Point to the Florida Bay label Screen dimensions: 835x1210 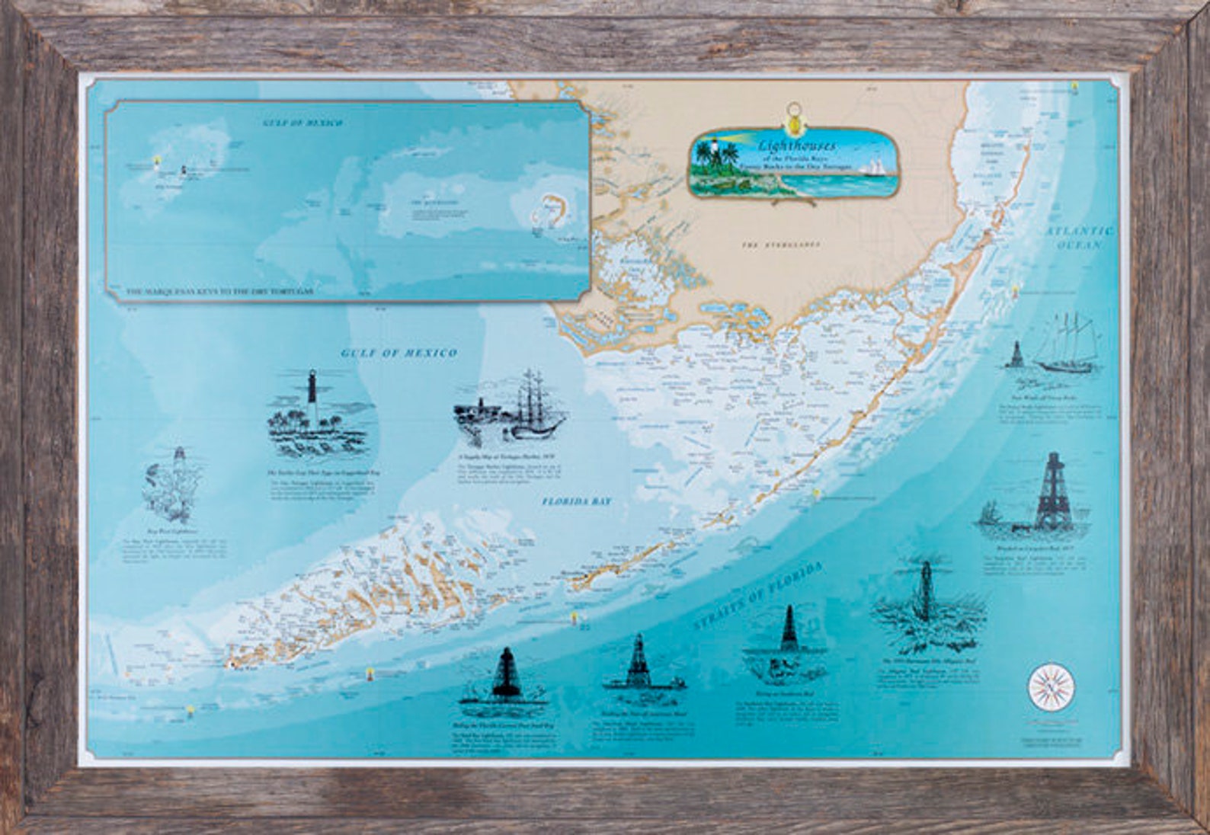(577, 502)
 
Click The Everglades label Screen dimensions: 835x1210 (782, 245)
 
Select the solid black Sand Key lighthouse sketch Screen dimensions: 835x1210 (503, 674)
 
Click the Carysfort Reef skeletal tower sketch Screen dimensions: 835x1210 (1053, 491)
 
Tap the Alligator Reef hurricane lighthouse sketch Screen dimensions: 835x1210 (927, 599)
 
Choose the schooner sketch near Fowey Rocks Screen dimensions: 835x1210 (1067, 347)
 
